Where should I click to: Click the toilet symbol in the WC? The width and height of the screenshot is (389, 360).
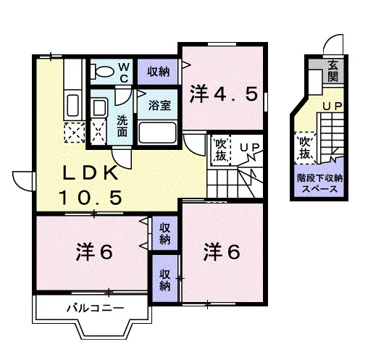102,71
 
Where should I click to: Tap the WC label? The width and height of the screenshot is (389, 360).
124,72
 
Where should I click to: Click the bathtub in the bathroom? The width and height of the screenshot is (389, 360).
157,133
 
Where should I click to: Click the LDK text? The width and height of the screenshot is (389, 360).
91,172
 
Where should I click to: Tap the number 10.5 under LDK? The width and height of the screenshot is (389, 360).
91,198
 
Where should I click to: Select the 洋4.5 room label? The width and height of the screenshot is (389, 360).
223,94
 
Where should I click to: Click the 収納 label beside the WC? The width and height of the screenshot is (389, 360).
158,72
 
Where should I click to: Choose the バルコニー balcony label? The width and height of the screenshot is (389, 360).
96,309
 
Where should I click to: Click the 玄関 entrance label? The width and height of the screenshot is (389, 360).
333,71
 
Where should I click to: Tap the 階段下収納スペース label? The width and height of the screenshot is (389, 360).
319,183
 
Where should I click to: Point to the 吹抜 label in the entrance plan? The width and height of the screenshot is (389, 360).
305,148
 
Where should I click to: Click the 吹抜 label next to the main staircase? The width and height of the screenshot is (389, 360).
221,150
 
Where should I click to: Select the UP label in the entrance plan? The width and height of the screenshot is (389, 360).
332,106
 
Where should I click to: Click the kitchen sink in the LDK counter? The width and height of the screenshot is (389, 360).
73,106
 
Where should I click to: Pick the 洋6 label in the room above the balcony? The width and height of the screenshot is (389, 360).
95,252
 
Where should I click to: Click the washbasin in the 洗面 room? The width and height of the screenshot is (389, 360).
99,107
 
